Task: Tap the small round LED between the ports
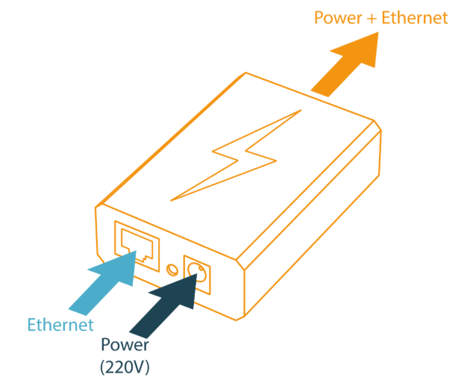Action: click(172, 269)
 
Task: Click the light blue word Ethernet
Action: click(61, 324)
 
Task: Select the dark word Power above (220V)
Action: click(125, 345)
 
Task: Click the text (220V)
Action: click(125, 365)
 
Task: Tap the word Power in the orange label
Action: click(337, 17)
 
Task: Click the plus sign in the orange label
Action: click(371, 18)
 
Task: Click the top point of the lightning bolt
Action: click(302, 110)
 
